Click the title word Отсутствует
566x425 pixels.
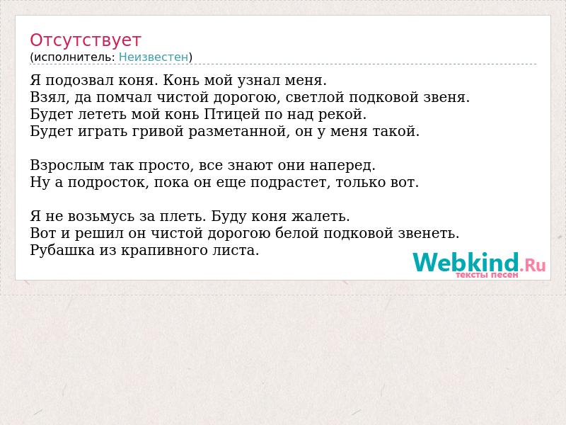click(85, 40)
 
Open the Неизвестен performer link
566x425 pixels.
click(154, 57)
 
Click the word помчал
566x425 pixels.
click(124, 97)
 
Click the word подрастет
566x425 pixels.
click(290, 182)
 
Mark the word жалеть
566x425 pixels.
click(320, 216)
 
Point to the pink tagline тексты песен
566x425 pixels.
click(487, 275)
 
